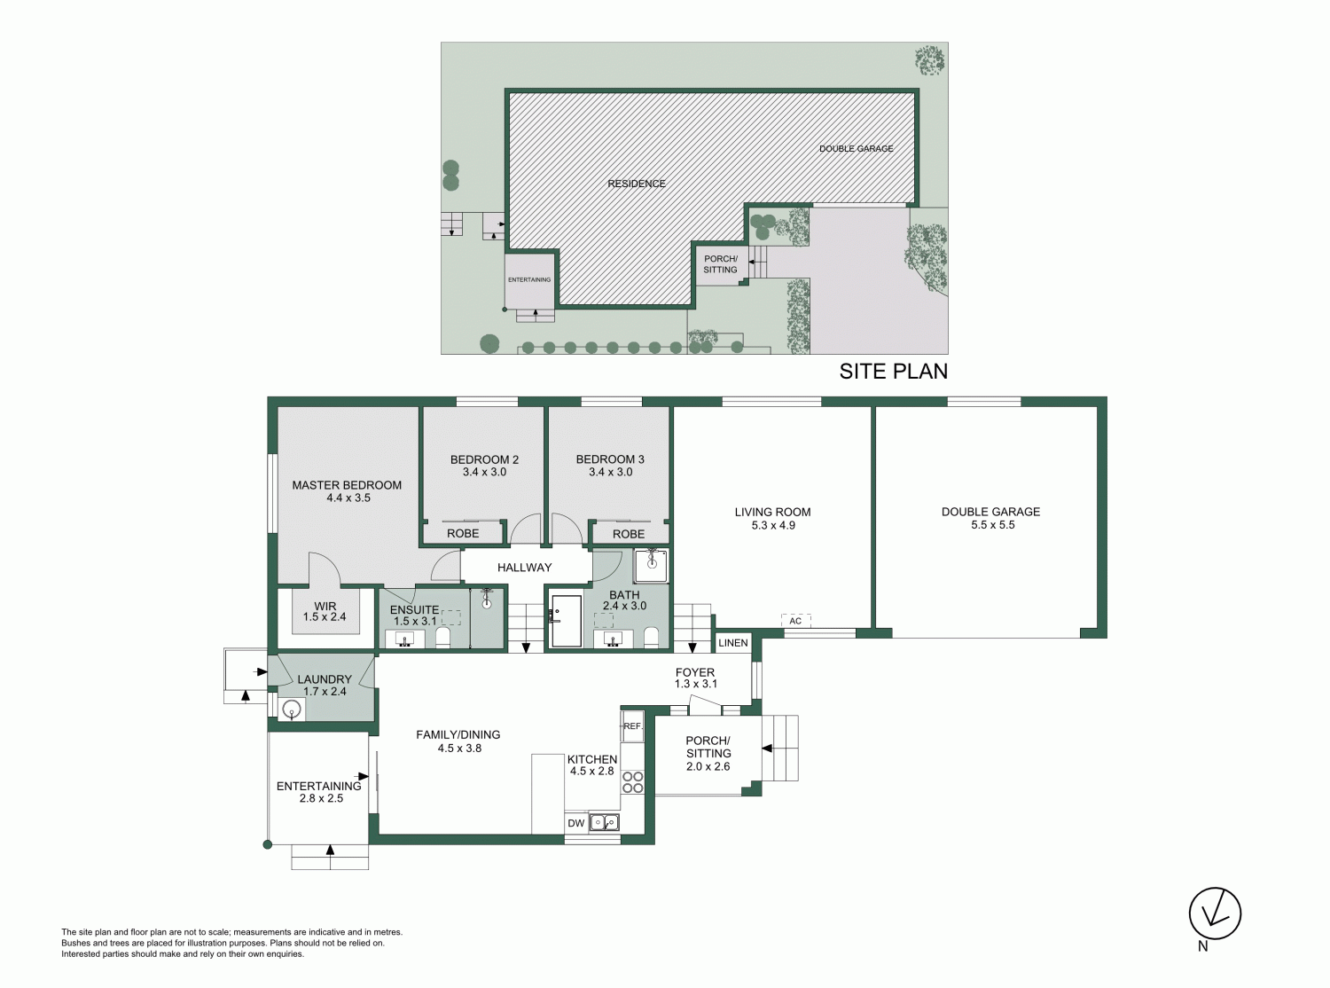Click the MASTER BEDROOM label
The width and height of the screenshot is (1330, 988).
point(347,485)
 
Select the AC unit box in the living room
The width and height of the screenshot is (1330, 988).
point(795,620)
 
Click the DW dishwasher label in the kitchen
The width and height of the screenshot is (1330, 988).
point(575,823)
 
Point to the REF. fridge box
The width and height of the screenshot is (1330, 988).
point(632,725)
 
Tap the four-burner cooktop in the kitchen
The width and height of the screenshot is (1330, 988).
point(632,782)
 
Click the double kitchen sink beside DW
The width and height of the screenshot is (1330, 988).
point(605,822)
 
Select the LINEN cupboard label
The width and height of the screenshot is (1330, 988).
point(732,643)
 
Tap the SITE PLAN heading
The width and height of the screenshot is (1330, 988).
point(894,372)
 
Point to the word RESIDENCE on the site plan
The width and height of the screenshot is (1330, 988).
point(637,184)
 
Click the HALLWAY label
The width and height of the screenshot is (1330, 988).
point(524,568)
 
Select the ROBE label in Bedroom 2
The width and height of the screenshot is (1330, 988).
point(463,533)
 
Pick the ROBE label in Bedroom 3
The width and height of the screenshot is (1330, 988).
point(629,534)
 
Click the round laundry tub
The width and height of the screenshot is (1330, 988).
point(292,710)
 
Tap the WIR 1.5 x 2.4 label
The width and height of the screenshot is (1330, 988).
point(325,611)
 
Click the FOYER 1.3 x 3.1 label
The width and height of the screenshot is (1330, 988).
point(695,678)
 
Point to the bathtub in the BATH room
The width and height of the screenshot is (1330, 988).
point(567,621)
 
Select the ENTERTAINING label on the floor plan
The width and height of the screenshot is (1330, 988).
point(318,786)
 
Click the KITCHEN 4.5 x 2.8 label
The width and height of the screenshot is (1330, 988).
point(592,765)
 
